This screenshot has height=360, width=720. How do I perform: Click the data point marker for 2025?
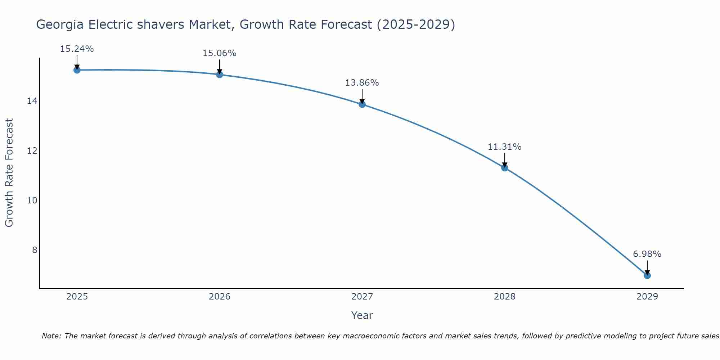pos(77,70)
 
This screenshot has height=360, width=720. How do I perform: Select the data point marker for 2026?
pos(220,75)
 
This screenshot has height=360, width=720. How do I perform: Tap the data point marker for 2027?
pos(362,104)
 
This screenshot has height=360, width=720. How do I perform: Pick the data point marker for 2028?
pos(505,168)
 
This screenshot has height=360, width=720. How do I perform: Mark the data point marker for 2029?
pos(647,275)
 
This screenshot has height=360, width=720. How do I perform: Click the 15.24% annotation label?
pos(77,49)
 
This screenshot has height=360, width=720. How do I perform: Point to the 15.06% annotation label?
pos(220,53)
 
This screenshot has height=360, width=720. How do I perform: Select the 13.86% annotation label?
pos(362,83)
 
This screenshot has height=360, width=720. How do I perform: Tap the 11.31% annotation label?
pos(505,147)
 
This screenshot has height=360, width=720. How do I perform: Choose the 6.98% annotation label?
pos(647,254)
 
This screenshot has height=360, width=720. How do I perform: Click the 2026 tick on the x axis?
pos(220,297)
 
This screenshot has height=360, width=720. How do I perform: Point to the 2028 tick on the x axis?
pos(505,297)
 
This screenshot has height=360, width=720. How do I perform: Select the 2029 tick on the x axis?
pos(647,297)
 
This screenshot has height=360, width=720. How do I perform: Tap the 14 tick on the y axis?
pos(32,101)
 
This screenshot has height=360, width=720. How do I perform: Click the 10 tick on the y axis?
pos(32,201)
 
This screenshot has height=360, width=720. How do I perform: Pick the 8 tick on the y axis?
pos(35,250)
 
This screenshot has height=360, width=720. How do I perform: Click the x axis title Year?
pos(362,315)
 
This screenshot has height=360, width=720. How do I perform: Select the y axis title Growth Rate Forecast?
pos(9,173)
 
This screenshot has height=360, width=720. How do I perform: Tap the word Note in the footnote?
pos(51,336)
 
